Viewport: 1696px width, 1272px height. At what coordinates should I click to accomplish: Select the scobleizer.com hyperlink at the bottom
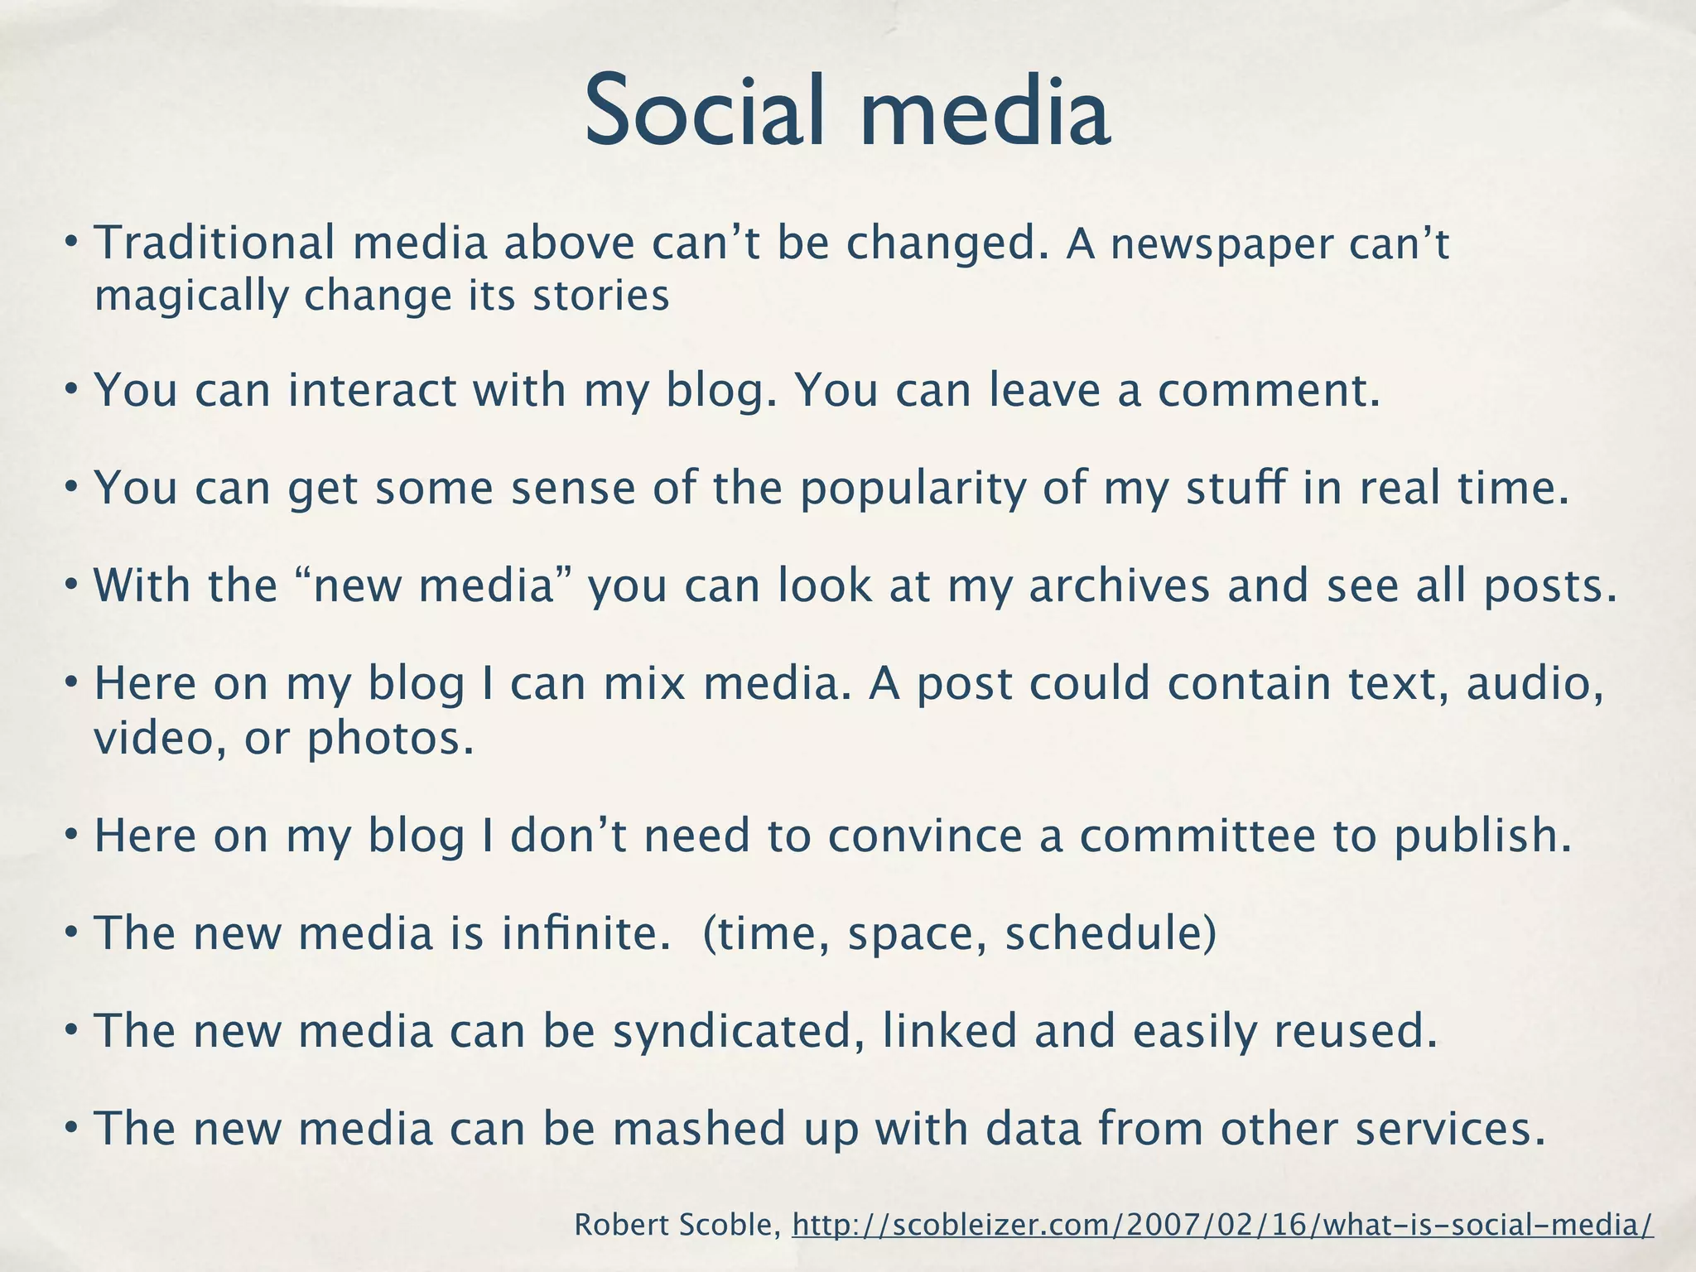pyautogui.click(x=1222, y=1225)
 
